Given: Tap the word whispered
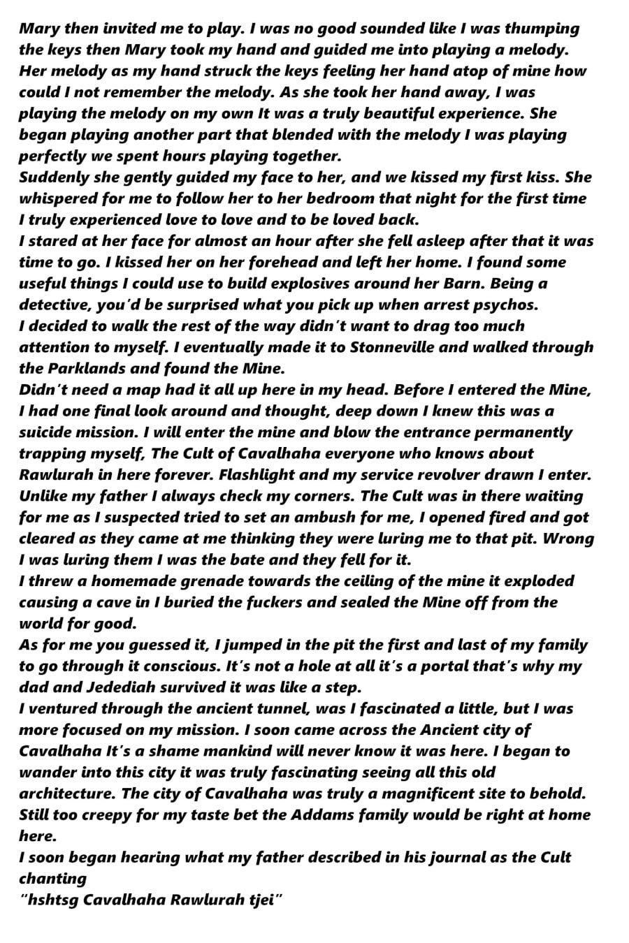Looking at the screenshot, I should click(x=57, y=198).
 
